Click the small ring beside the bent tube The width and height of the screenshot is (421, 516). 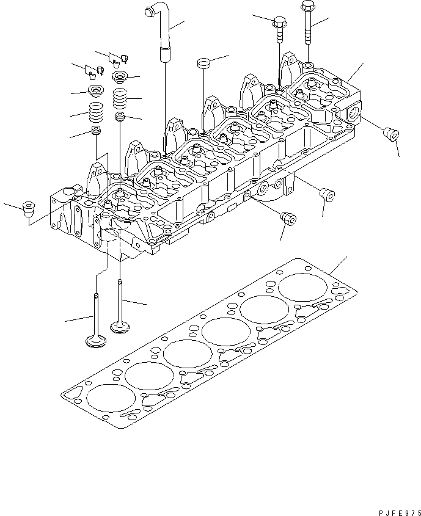point(203,62)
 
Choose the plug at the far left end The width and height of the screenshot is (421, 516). point(27,209)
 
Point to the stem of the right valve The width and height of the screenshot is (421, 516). point(120,299)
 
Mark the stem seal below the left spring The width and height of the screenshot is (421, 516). point(95,132)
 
